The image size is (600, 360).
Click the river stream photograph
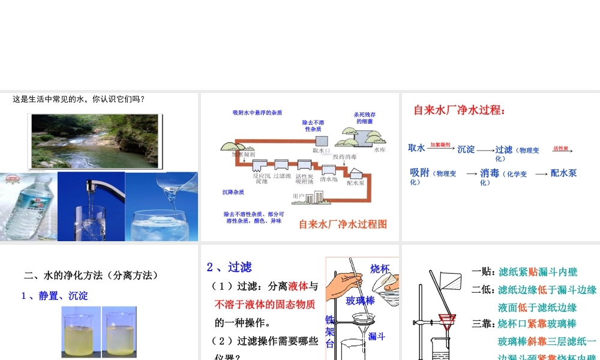pyautogui.click(x=95, y=141)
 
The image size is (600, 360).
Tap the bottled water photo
pyautogui.click(x=28, y=207)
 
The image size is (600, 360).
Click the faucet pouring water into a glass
pyautogui.click(x=91, y=207)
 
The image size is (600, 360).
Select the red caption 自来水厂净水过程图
pyautogui.click(x=343, y=224)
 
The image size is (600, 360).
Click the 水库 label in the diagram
pyautogui.click(x=380, y=150)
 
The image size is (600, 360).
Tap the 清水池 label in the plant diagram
pyautogui.click(x=329, y=179)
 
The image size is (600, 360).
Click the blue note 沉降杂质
pyautogui.click(x=233, y=192)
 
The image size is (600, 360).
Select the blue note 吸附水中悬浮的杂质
pyautogui.click(x=257, y=113)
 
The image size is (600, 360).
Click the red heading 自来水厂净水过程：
pyautogui.click(x=459, y=110)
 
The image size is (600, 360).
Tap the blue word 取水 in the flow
pyautogui.click(x=416, y=148)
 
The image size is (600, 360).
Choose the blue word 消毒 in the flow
pyautogui.click(x=490, y=173)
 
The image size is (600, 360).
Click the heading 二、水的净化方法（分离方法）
pyautogui.click(x=91, y=275)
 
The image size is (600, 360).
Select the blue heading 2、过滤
pyautogui.click(x=229, y=267)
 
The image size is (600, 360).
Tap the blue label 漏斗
pyautogui.click(x=376, y=336)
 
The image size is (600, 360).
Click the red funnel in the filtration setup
pyautogui.click(x=445, y=320)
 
